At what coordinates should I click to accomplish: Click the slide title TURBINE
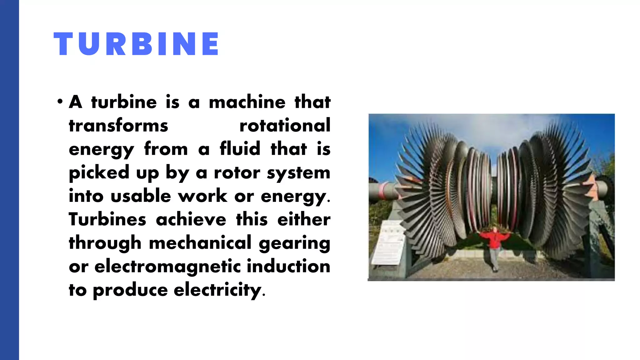pos(136,44)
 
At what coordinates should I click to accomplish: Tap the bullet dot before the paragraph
pos(60,102)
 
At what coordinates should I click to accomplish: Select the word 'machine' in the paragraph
pos(247,102)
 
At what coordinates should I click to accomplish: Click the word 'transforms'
pos(118,126)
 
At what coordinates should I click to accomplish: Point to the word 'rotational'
pos(285,126)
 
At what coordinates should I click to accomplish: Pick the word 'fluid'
pos(240,149)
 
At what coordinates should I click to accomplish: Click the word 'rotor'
pos(237,172)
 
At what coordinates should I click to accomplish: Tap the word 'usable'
pos(141,196)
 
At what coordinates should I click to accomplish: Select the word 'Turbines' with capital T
pos(107,219)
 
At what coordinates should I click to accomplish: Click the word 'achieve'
pos(191,219)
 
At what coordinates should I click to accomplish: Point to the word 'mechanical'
pos(200,243)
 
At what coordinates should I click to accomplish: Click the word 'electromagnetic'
pos(167,267)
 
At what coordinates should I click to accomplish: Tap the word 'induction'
pos(288,267)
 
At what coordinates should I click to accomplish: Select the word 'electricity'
pos(217,290)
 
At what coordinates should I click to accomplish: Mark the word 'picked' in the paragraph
pos(99,172)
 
